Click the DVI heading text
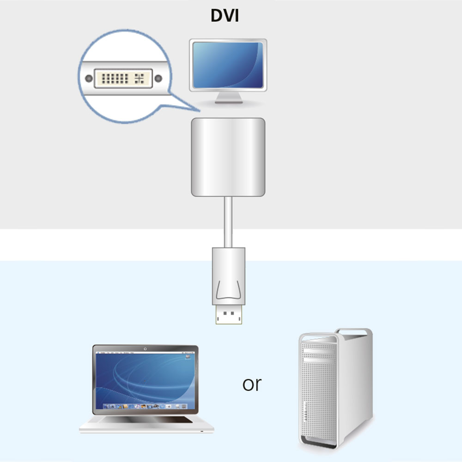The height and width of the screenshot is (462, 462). point(225,16)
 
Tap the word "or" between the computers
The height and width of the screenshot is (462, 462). point(252,385)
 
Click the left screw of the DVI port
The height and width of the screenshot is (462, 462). point(89,79)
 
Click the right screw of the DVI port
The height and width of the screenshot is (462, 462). point(158,79)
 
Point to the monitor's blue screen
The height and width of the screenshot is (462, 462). point(228,65)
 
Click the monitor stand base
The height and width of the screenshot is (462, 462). point(229,102)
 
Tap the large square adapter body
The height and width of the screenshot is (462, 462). point(228,157)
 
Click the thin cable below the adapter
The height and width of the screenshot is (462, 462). point(228,222)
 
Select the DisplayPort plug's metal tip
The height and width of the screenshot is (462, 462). point(229,314)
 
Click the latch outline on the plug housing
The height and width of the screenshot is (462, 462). point(228,290)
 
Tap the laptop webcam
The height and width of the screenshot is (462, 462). point(145,349)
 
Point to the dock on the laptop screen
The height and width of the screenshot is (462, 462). point(145,406)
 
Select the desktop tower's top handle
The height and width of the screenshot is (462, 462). point(353,332)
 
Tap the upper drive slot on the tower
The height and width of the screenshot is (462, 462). point(320,351)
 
